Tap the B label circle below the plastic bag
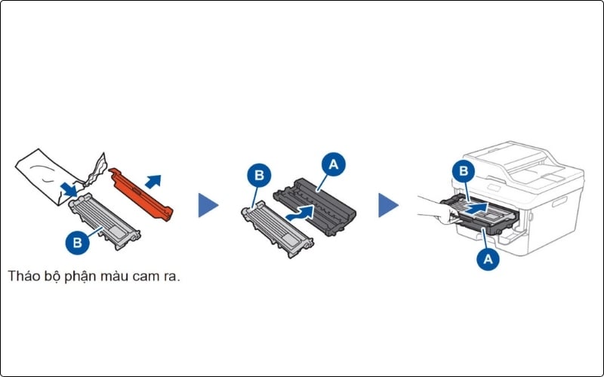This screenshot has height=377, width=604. click(76, 243)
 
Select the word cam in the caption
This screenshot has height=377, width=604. click(140, 276)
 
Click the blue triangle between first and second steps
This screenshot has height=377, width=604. click(208, 204)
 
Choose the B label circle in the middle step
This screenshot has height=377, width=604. click(258, 176)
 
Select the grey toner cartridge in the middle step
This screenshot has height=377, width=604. click(276, 229)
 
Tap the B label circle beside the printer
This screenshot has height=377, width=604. click(464, 170)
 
